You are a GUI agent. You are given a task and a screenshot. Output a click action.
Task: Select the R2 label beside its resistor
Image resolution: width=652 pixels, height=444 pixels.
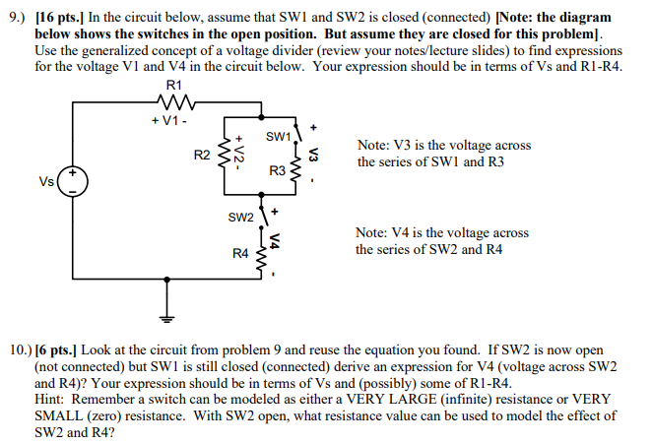pyautogui.click(x=202, y=154)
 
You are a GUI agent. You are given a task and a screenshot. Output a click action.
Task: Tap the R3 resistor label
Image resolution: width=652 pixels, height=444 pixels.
pyautogui.click(x=277, y=171)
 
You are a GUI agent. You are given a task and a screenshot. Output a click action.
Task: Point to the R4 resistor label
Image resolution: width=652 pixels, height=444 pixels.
pyautogui.click(x=240, y=254)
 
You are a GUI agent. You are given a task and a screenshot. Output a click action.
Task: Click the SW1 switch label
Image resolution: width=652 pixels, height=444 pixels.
pyautogui.click(x=278, y=135)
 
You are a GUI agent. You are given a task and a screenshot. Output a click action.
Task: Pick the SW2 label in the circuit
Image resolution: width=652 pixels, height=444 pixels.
pyautogui.click(x=241, y=217)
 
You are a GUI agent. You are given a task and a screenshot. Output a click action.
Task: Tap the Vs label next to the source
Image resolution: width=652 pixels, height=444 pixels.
pyautogui.click(x=46, y=181)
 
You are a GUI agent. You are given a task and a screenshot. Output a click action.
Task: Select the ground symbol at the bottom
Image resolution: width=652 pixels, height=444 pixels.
pyautogui.click(x=166, y=316)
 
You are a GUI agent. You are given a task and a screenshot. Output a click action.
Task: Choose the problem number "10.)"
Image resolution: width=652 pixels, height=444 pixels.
pyautogui.click(x=18, y=349)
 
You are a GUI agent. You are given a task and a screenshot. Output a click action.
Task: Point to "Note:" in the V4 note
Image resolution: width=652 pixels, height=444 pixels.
pyautogui.click(x=373, y=233)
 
